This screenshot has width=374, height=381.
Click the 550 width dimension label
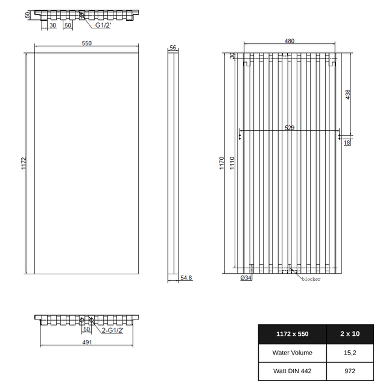(x=86, y=43)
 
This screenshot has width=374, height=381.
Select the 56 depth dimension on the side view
(x=173, y=47)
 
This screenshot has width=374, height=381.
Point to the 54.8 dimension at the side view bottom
(x=186, y=278)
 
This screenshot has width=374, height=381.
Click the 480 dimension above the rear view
(x=290, y=41)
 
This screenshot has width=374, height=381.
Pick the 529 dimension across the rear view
(x=290, y=128)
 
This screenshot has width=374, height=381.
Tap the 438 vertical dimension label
(x=348, y=95)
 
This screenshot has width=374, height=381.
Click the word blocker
(x=311, y=279)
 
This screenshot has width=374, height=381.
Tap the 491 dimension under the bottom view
(x=87, y=342)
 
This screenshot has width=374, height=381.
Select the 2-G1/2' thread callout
(x=112, y=330)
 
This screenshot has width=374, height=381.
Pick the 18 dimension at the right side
(x=347, y=143)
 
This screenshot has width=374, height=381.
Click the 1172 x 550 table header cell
(x=292, y=333)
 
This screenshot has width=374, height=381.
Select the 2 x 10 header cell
(x=350, y=333)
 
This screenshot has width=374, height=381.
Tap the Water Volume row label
(x=292, y=353)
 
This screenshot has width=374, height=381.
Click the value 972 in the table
(x=350, y=371)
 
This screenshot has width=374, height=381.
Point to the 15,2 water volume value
(x=350, y=353)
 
